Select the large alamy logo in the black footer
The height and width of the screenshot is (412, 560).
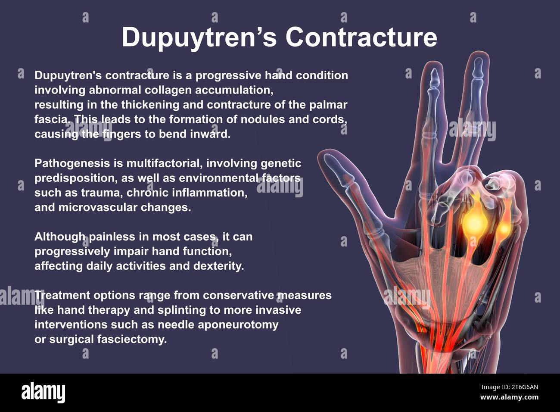43,392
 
